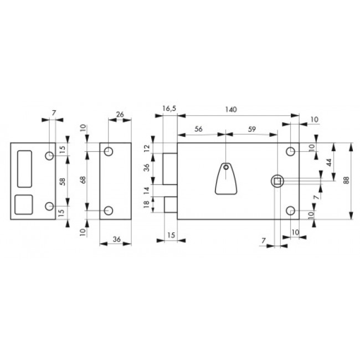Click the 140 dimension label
pos(230,110)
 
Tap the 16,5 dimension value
pos(169,109)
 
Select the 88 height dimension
pos(346,180)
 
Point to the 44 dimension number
pos(329,162)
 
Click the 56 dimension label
pos(198,129)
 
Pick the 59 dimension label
pos(251,129)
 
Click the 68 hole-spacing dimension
pos(83,179)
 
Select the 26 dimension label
pos(120,114)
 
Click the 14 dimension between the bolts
pos(146,191)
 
